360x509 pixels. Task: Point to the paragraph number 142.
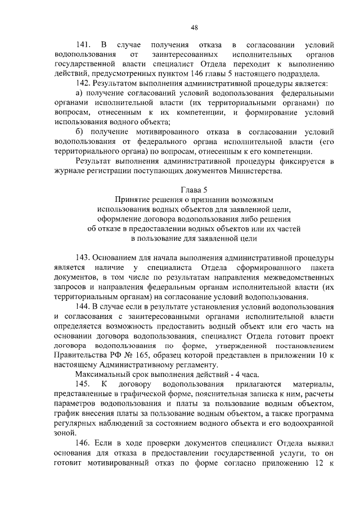(x=83, y=83)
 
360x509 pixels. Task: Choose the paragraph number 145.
(x=83, y=384)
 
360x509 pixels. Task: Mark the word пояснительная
(x=223, y=394)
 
